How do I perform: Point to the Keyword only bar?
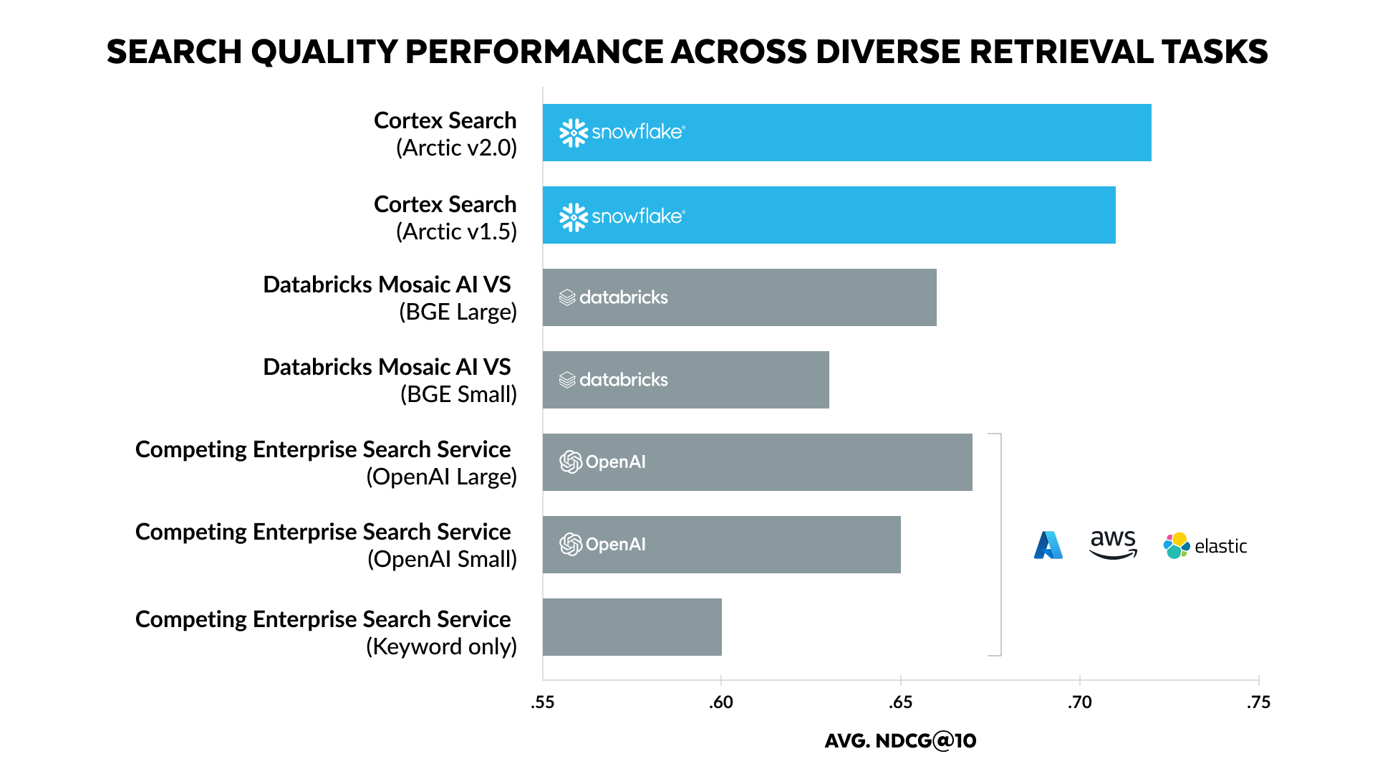(x=632, y=627)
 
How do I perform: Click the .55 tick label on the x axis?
(x=543, y=702)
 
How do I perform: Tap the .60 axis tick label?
(x=721, y=702)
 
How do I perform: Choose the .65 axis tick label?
(x=900, y=702)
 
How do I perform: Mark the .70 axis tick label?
(x=1079, y=702)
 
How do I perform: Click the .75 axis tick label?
(x=1258, y=702)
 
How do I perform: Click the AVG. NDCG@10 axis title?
(x=900, y=741)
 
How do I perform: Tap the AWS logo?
(x=1113, y=545)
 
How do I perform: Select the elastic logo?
(x=1205, y=546)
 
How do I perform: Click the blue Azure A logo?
(x=1048, y=545)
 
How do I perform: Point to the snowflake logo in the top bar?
(x=622, y=133)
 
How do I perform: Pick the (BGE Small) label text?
(x=458, y=394)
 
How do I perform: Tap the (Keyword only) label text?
(x=441, y=646)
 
